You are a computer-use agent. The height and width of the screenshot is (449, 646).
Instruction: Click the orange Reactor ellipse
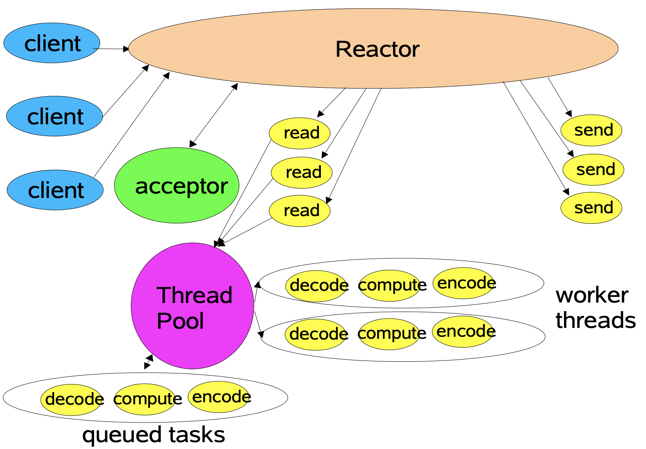(373, 49)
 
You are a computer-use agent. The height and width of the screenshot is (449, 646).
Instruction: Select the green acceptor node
(176, 185)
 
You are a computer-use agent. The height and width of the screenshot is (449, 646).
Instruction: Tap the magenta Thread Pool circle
(192, 306)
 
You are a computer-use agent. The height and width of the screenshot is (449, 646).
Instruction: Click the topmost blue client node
(52, 43)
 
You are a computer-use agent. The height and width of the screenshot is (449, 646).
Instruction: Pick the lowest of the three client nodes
(55, 190)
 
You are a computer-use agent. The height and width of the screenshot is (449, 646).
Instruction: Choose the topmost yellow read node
(299, 133)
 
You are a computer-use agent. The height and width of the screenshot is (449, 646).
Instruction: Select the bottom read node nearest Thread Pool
(299, 211)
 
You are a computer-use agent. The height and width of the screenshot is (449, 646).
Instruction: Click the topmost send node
(591, 130)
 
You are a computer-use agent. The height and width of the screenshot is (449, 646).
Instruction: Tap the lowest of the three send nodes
(591, 208)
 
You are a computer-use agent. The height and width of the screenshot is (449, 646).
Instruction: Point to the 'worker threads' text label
(595, 308)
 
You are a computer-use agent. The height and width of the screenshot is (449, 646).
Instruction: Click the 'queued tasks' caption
(153, 435)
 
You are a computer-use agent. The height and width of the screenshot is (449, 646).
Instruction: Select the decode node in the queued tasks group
(72, 400)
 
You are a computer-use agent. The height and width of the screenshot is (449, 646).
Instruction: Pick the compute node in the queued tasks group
(145, 400)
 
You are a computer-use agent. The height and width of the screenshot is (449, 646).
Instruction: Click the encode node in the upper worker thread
(463, 283)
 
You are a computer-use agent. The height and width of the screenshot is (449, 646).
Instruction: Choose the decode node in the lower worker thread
(316, 335)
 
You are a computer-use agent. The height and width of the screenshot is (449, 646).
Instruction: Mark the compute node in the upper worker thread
(390, 286)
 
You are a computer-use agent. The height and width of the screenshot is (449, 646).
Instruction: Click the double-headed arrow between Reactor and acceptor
(214, 115)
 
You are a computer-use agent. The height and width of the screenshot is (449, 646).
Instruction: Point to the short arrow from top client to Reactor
(111, 49)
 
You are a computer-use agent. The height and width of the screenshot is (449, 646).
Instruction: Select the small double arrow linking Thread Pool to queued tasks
(149, 362)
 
